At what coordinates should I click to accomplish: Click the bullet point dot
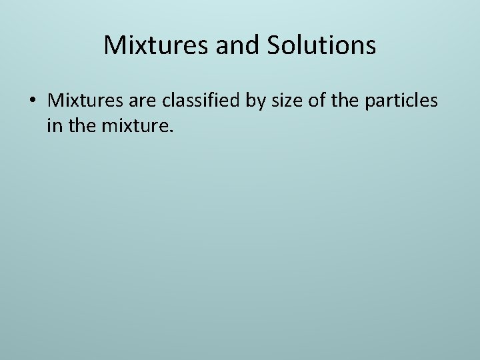pyautogui.click(x=33, y=101)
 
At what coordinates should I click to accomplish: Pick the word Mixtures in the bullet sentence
pyautogui.click(x=81, y=101)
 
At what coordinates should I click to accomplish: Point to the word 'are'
pyautogui.click(x=134, y=101)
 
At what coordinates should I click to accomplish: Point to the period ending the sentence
pyautogui.click(x=171, y=131)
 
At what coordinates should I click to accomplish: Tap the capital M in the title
pyautogui.click(x=115, y=46)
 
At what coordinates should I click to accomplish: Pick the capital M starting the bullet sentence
pyautogui.click(x=55, y=101)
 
